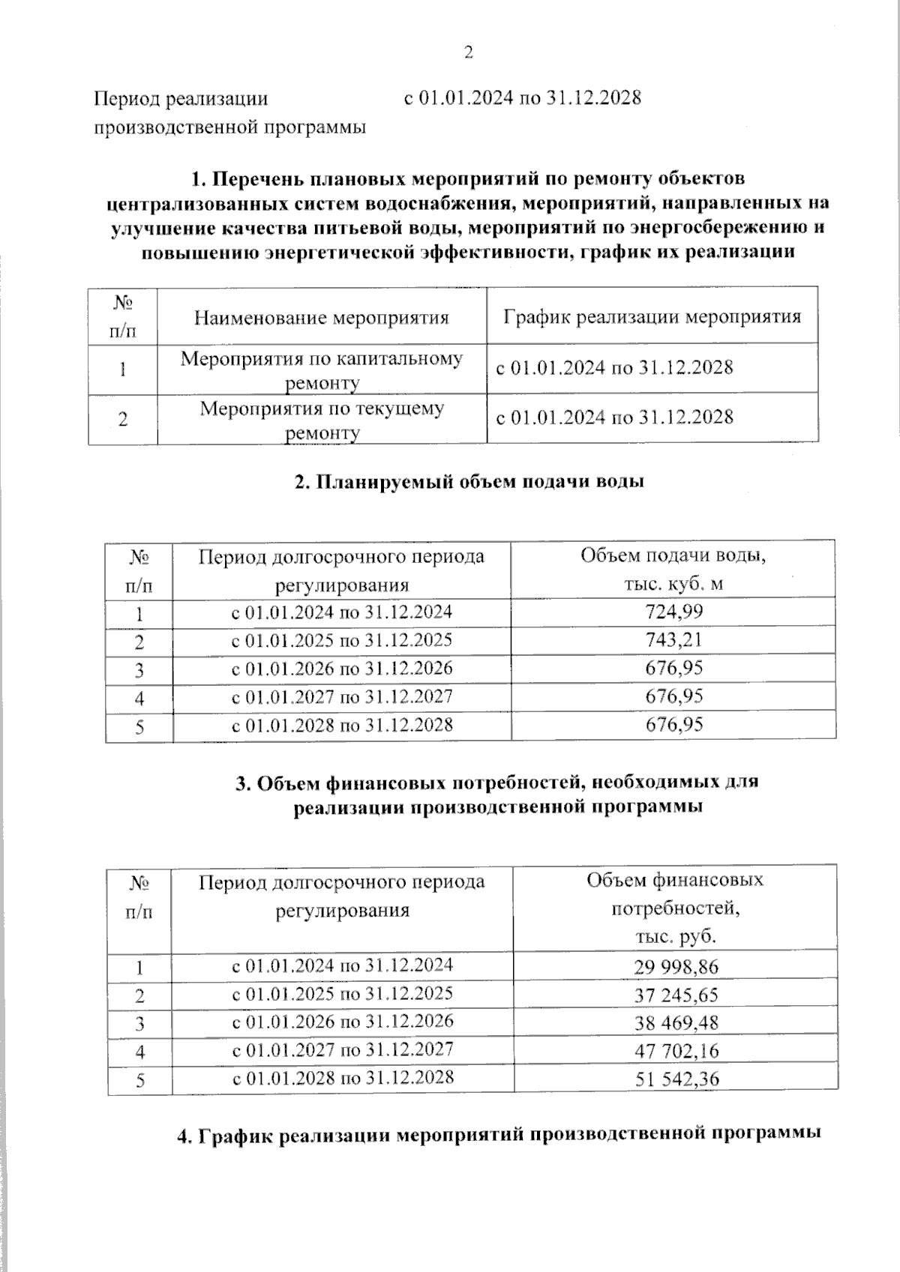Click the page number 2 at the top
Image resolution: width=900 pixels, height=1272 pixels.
(469, 52)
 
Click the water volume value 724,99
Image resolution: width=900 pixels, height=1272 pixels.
(673, 612)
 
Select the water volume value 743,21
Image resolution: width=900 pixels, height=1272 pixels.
(673, 640)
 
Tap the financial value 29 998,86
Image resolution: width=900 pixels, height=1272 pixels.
(676, 967)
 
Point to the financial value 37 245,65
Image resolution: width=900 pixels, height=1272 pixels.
(676, 995)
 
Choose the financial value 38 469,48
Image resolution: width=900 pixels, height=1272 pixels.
(676, 1023)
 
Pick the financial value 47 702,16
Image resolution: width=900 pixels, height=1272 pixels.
(676, 1051)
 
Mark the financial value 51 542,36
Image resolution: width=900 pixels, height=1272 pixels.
(676, 1079)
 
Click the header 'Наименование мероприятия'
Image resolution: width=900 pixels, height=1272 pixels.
(321, 318)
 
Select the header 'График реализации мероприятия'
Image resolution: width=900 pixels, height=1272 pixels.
(652, 316)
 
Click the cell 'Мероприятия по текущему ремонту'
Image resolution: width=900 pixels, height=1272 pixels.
(322, 420)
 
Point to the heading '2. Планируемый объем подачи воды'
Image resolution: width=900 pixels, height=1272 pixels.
(469, 482)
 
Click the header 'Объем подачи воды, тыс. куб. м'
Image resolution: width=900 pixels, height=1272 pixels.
(673, 570)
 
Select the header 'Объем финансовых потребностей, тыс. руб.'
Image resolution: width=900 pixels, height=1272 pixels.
(675, 908)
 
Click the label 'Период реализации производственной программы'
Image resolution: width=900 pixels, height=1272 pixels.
(229, 112)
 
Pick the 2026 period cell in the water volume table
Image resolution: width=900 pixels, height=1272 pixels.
(341, 669)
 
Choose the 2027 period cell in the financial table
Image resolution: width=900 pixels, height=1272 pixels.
(343, 1049)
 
